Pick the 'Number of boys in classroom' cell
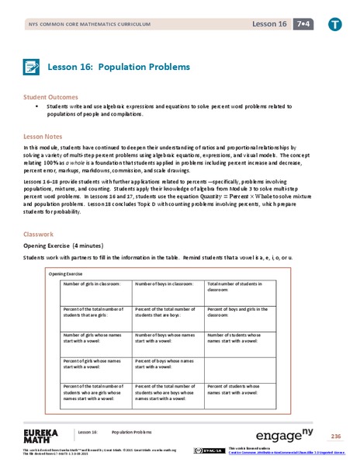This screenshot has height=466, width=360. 164,285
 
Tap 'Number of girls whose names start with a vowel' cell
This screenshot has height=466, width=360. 95,339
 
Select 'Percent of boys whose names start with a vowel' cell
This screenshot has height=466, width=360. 165,363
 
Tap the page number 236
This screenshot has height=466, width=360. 335,435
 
